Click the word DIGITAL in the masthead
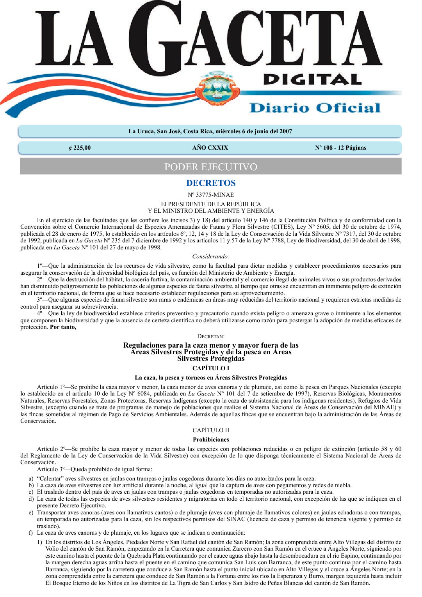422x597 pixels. pyautogui.click(x=312, y=79)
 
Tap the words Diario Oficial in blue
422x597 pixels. pyautogui.click(x=315, y=108)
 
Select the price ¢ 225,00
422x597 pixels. pyautogui.click(x=80, y=148)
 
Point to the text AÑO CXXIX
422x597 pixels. pyautogui.click(x=210, y=148)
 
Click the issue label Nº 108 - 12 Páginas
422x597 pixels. pyautogui.click(x=340, y=148)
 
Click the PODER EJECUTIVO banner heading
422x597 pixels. pyautogui.click(x=210, y=167)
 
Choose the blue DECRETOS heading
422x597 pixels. pyautogui.click(x=211, y=183)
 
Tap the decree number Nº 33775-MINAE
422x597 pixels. pyautogui.click(x=211, y=195)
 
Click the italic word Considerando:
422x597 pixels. pyautogui.click(x=211, y=256)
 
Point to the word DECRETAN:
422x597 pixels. pyautogui.click(x=211, y=336)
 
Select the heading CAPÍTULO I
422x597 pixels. pyautogui.click(x=211, y=368)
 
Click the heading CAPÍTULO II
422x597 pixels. pyautogui.click(x=211, y=430)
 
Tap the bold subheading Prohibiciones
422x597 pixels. pyautogui.click(x=211, y=440)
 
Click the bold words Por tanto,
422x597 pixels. pyautogui.click(x=63, y=327)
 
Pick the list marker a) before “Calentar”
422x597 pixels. pyautogui.click(x=31, y=479)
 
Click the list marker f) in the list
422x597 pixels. pyautogui.click(x=30, y=533)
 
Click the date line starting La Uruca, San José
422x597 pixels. pyautogui.click(x=210, y=131)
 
